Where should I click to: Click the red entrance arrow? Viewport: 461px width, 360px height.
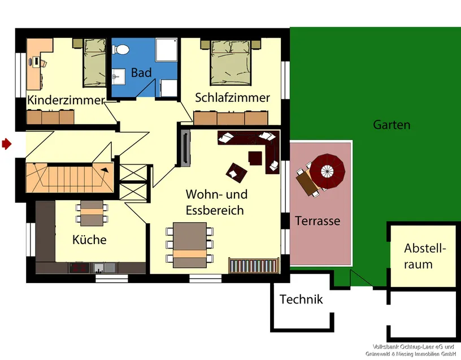point(7,144)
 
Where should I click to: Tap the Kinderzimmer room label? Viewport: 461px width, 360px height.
point(66,100)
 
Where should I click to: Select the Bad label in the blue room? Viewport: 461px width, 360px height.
point(141,73)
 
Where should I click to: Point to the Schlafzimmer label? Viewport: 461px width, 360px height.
point(232,98)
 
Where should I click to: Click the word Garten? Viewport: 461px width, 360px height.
point(392,125)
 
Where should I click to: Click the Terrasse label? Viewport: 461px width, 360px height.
point(318,221)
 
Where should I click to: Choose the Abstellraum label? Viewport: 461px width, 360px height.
point(425,256)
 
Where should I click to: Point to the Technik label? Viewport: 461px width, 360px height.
point(301,300)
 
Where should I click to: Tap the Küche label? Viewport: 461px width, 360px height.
point(89,240)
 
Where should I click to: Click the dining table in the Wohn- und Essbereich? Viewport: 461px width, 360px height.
point(190,245)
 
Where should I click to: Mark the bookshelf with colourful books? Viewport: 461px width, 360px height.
point(254,266)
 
